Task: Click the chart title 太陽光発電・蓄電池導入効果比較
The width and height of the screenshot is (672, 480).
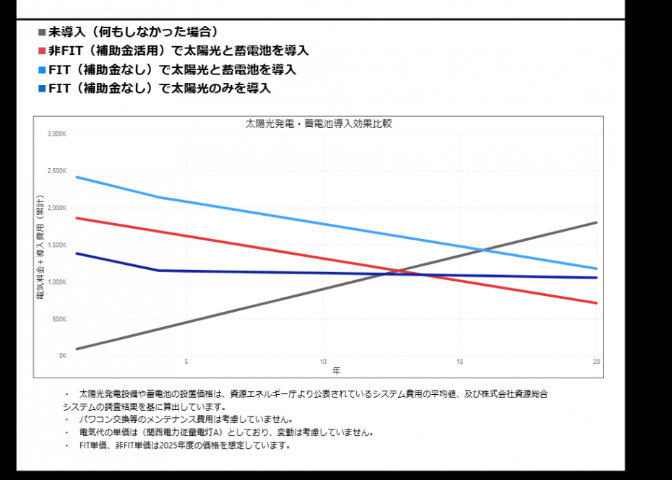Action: (x=319, y=123)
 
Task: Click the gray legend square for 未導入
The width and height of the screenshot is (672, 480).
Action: (x=42, y=32)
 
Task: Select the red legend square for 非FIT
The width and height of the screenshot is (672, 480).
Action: (x=42, y=51)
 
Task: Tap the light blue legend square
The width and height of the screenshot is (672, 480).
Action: (x=42, y=70)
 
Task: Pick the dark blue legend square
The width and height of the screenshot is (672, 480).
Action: (x=42, y=89)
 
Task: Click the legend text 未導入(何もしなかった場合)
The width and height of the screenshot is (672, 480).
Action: (x=134, y=32)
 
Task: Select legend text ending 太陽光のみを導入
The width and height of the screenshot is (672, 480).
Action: (x=159, y=89)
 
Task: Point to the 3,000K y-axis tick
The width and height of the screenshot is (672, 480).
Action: (x=57, y=134)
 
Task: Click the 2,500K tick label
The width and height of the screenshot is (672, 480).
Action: (x=57, y=171)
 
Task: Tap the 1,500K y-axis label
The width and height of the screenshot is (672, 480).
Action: (x=57, y=245)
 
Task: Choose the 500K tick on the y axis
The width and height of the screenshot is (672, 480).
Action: (x=59, y=319)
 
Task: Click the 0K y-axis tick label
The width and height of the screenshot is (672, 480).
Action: (x=62, y=356)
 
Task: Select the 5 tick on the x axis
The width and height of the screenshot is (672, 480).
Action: (x=186, y=362)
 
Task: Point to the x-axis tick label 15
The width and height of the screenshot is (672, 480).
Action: (x=460, y=362)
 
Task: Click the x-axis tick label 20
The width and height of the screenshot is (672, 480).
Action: (x=596, y=362)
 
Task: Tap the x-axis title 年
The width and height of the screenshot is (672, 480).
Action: (x=337, y=370)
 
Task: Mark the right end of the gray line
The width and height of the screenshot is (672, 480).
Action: (x=596, y=222)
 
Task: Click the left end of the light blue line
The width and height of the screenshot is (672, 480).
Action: (x=77, y=177)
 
